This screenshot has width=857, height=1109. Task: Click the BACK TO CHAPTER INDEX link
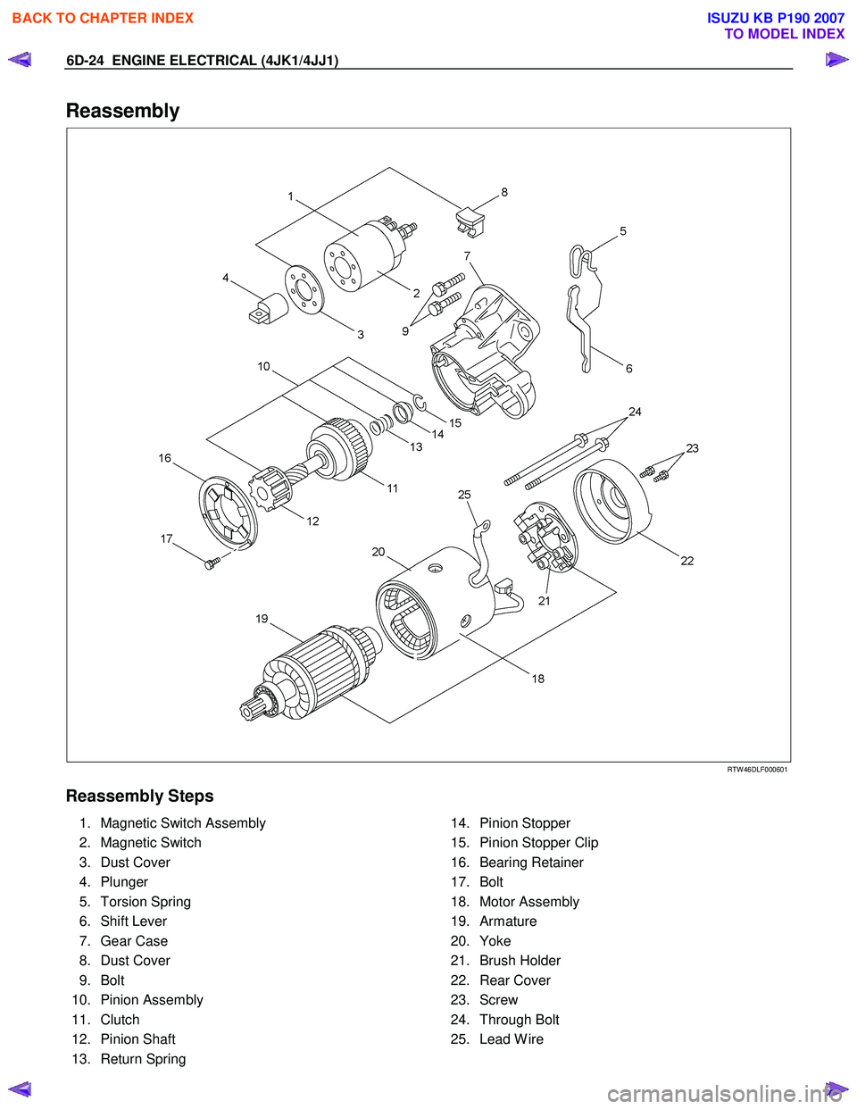pos(103,18)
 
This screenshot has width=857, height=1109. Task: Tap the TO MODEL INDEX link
pos(784,34)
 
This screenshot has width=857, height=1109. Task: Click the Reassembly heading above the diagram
pos(122,111)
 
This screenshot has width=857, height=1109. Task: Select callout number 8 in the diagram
pos(504,192)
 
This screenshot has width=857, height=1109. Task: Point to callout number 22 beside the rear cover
pos(686,561)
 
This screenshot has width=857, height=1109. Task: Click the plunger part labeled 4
pos(268,308)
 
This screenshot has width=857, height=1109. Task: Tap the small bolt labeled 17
pos(212,563)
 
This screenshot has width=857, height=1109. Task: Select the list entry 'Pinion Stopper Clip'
pos(538,843)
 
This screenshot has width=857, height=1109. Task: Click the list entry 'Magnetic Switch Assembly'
pos(183,823)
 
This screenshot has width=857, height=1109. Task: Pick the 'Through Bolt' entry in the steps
pos(520,1020)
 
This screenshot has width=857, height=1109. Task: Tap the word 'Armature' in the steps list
pos(508,921)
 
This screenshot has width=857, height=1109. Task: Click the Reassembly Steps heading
pos(140,796)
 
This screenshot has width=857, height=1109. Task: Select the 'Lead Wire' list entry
pos(512,1039)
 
